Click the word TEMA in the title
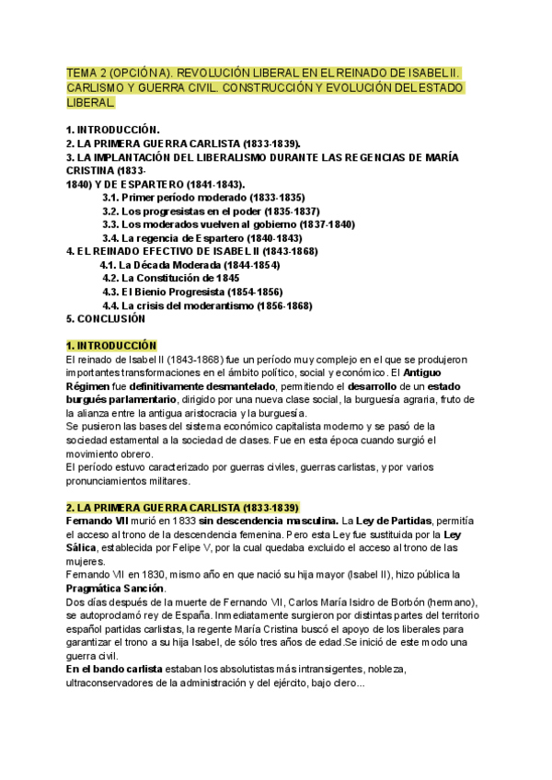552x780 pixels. point(82,72)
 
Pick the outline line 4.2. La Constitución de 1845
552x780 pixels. point(171,279)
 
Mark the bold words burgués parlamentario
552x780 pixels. point(122,400)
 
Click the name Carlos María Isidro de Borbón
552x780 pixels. point(338,602)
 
